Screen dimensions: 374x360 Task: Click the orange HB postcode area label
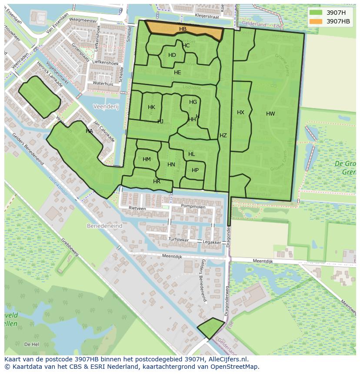tap(183, 29)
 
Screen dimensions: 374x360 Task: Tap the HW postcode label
tap(270, 114)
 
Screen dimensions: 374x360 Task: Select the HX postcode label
tap(240, 113)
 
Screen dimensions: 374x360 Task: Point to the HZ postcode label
tap(223, 136)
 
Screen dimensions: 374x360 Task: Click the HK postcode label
tap(151, 107)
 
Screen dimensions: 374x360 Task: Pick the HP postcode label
tap(195, 170)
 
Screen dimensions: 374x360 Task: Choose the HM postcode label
tap(147, 159)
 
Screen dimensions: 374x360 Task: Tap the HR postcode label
tap(157, 182)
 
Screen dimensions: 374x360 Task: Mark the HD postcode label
tap(172, 55)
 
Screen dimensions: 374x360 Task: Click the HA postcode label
tap(89, 131)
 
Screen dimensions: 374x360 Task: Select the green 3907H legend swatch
tap(316, 13)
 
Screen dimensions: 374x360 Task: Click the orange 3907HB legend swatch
tap(316, 21)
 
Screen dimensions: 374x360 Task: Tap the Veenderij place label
tap(105, 106)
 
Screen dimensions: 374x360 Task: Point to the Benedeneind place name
tap(104, 226)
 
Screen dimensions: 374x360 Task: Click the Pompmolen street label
tap(193, 207)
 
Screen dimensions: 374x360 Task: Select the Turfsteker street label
tap(179, 239)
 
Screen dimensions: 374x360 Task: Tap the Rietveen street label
tap(137, 209)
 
